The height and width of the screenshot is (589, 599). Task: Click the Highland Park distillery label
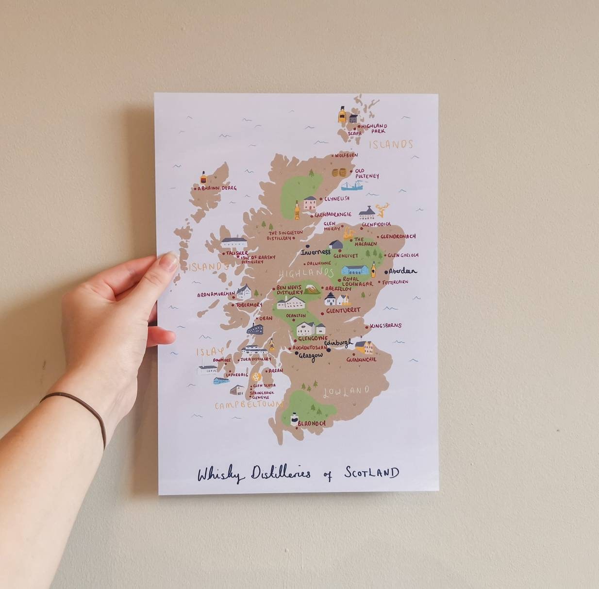tap(374, 128)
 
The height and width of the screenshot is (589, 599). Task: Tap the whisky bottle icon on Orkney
tap(342, 115)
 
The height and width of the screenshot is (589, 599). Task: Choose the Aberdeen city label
tap(402, 271)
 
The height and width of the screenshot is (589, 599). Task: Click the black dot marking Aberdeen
tap(386, 272)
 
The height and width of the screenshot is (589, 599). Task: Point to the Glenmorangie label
tap(333, 214)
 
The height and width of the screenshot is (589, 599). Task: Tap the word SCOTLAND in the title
tap(372, 472)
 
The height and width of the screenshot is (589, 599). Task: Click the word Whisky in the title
tap(221, 474)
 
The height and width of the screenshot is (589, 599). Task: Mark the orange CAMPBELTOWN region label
tap(249, 404)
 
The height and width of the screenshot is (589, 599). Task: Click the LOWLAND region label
tap(346, 391)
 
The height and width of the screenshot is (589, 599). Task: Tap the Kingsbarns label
tap(386, 326)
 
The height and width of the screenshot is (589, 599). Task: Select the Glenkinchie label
tap(361, 360)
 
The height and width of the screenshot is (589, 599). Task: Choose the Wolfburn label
tap(346, 155)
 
